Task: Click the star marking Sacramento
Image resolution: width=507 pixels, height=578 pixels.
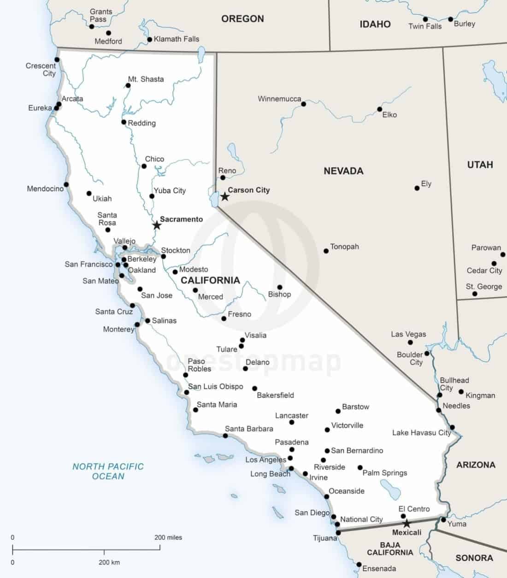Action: coord(157,225)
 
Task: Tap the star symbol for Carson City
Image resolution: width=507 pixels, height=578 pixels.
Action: coord(224,197)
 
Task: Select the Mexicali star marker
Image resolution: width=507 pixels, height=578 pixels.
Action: coord(406,524)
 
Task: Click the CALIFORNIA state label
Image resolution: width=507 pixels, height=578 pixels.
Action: coord(210,280)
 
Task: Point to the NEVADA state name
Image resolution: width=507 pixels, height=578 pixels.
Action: coord(343,171)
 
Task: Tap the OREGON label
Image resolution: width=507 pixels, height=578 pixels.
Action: coord(242,19)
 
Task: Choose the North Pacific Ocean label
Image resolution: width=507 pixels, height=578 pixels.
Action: coord(108,471)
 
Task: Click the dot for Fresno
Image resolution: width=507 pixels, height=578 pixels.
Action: coord(224,318)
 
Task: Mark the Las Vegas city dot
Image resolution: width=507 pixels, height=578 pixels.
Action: coord(410,342)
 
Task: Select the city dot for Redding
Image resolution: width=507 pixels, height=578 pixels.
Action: coord(124,122)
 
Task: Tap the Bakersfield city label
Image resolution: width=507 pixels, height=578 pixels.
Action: coord(275,395)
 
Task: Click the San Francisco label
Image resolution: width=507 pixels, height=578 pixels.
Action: coord(88,264)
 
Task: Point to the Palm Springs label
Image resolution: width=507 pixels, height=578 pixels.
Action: coord(385,472)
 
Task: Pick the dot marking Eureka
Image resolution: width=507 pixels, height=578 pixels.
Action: coord(57,108)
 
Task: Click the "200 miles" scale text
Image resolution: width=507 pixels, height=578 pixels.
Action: coord(168,537)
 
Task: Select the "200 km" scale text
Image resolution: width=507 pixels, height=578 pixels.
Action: coord(109,562)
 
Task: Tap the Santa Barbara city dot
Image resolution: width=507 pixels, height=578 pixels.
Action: coord(225,436)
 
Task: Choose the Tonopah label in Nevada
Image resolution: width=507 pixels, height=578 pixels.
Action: coord(344,247)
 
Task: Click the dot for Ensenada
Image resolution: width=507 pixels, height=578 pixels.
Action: coord(359,564)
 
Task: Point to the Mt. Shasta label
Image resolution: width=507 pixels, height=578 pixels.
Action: coord(146,79)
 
